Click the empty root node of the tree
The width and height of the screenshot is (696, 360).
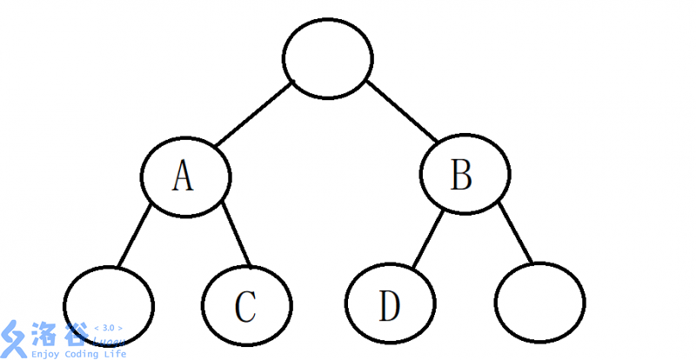tap(328, 58)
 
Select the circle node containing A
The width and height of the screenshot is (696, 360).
tap(185, 177)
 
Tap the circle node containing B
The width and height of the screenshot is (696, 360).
tap(465, 174)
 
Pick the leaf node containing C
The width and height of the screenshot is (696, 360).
tap(247, 305)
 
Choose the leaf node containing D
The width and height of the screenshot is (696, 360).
tap(390, 303)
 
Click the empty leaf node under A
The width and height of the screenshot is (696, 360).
tap(109, 306)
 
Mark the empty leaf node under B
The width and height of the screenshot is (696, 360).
tap(539, 303)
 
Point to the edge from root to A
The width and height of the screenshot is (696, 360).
tap(254, 114)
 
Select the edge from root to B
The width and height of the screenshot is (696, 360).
tap(401, 110)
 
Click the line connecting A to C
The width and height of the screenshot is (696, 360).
tap(236, 235)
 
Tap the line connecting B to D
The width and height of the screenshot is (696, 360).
tap(428, 240)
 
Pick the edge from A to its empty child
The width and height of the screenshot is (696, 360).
tap(135, 236)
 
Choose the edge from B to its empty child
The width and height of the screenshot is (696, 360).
tap(515, 232)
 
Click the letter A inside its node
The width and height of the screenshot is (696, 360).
tap(183, 176)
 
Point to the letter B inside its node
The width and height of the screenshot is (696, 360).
tap(461, 174)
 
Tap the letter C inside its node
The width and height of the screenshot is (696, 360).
tap(245, 306)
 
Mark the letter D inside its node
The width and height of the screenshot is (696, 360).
tap(389, 305)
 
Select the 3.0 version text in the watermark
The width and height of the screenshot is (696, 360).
tap(109, 328)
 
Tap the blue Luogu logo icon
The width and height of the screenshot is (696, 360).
tap(14, 339)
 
